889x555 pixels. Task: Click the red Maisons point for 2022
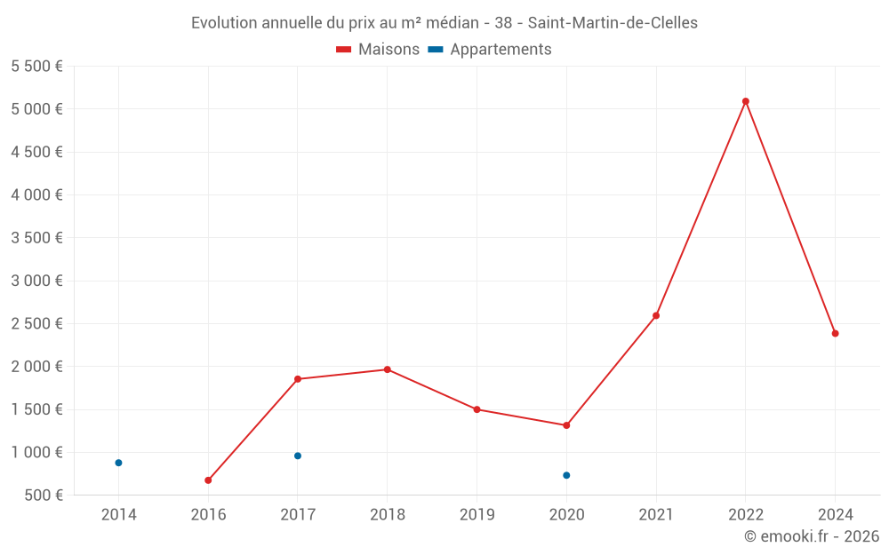(746, 101)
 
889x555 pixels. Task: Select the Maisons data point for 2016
(208, 480)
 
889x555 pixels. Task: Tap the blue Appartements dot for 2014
(118, 463)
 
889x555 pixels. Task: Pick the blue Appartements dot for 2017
(298, 456)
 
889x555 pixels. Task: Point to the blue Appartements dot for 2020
(566, 475)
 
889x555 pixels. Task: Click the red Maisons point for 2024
(835, 333)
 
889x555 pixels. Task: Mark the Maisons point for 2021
(656, 315)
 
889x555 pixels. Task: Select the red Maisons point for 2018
(388, 369)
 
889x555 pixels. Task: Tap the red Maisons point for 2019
(477, 409)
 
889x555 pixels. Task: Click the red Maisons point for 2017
(298, 379)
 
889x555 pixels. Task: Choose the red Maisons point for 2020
(566, 425)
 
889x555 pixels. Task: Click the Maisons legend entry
(378, 50)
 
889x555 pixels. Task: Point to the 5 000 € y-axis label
(36, 109)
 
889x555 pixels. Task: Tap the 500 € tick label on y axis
(43, 496)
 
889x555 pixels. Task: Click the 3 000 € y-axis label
(36, 281)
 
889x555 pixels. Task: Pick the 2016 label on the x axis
(208, 514)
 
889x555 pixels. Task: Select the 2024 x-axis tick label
(835, 514)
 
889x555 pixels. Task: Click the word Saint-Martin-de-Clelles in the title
(613, 23)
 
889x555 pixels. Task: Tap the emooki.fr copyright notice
(812, 536)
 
